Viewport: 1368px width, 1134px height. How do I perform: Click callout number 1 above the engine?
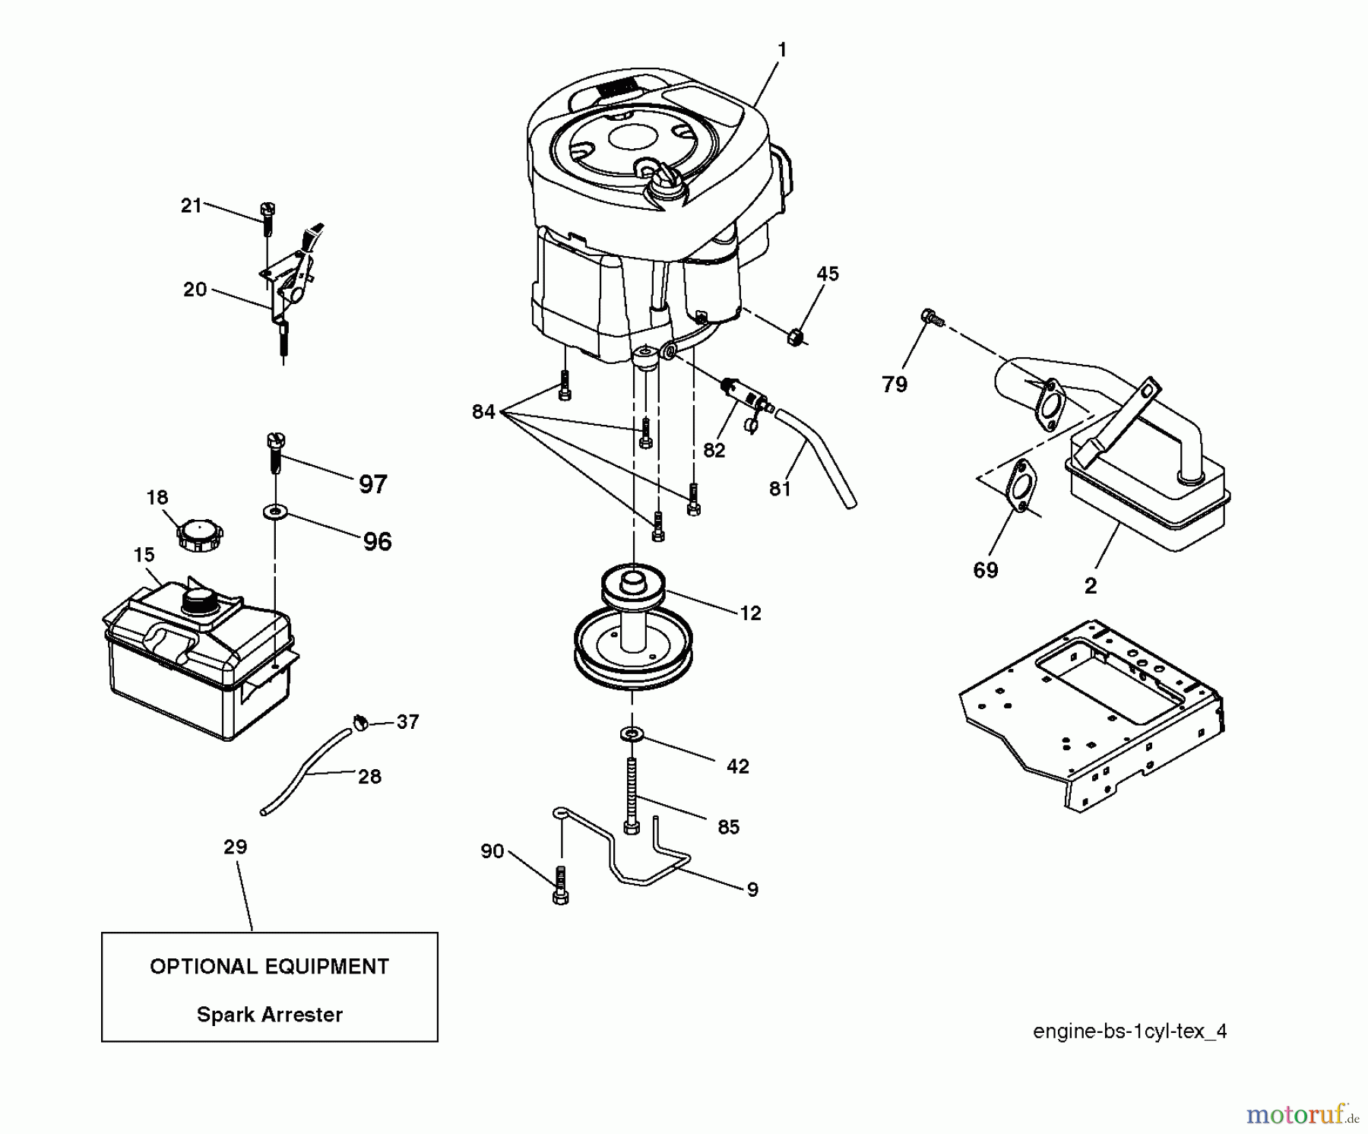tap(782, 50)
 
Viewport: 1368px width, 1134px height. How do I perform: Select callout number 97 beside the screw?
tap(372, 484)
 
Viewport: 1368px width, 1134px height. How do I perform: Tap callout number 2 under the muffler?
tap(1090, 586)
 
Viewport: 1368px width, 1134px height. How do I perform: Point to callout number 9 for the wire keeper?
tap(752, 889)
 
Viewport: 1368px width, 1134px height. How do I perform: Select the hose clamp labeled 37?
tap(361, 722)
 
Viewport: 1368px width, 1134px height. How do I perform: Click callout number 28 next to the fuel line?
tap(369, 776)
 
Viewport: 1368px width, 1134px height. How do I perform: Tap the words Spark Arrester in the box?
tap(269, 1014)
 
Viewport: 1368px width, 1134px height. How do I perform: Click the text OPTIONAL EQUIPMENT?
tap(269, 967)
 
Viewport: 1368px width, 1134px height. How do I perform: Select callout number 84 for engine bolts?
tap(483, 412)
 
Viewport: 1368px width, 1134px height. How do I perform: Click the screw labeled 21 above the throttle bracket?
tap(268, 216)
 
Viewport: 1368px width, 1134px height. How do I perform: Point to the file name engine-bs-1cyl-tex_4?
tap(1129, 1031)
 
